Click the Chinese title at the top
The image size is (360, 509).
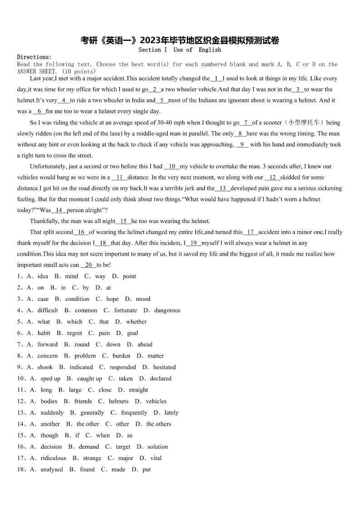point(180,40)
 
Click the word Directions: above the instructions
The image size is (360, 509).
point(34,57)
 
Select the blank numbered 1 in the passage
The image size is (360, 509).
point(216,78)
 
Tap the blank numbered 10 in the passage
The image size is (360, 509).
point(172,166)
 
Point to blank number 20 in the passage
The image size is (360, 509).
point(88,265)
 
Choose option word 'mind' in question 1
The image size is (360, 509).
point(72,276)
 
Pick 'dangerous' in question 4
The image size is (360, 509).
point(167,310)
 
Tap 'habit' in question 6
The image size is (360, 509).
point(44,333)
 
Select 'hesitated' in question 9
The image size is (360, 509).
point(164,367)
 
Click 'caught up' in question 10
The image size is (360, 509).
point(89,378)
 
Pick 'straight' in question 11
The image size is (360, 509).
point(138,390)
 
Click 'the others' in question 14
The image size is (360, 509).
point(159,424)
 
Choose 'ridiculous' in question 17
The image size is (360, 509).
point(53,458)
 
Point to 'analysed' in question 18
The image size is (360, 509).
point(52,470)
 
